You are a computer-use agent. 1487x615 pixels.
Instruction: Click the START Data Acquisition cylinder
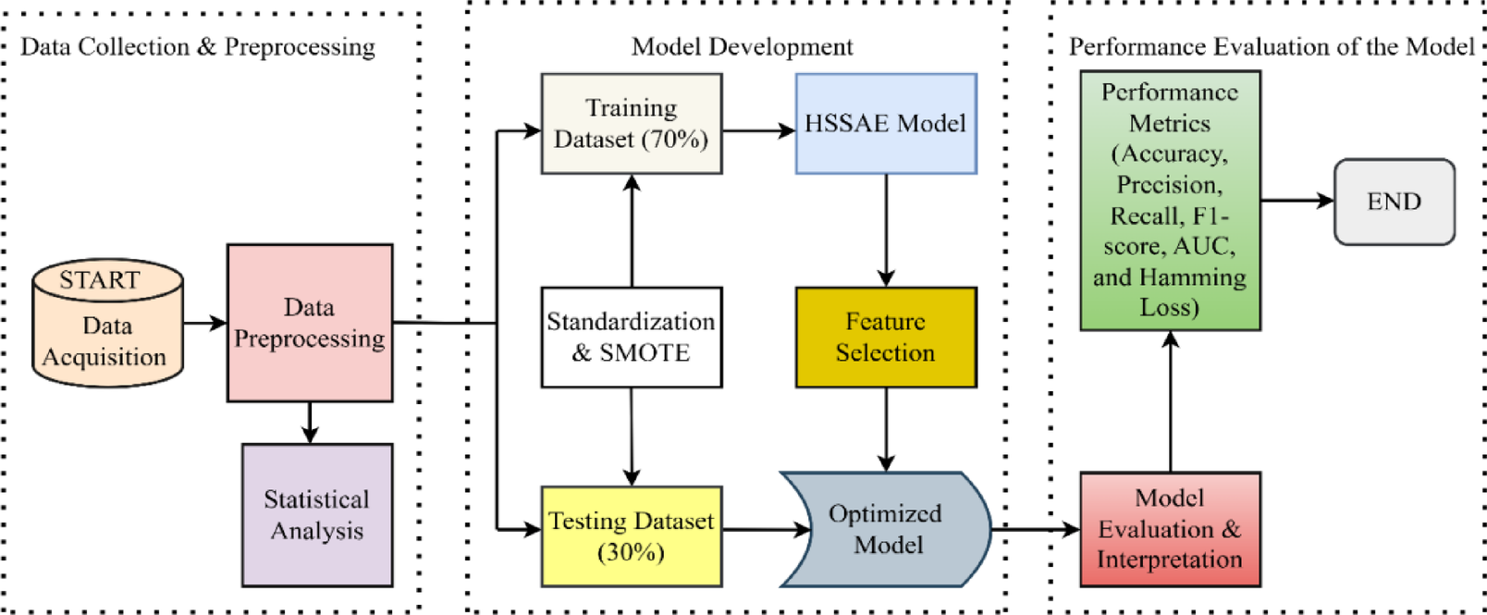(107, 323)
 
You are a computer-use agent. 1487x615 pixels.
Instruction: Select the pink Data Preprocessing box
(310, 323)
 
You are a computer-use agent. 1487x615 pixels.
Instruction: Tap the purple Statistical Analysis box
(317, 515)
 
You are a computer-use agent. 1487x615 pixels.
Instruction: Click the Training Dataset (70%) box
(632, 124)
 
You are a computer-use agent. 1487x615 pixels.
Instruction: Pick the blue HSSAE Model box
(886, 124)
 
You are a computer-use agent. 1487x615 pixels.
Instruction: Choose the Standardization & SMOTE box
(632, 337)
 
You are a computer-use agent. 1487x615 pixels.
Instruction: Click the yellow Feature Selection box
(886, 337)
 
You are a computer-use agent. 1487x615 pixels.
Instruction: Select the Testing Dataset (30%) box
(632, 536)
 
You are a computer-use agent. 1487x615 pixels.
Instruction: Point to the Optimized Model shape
(886, 529)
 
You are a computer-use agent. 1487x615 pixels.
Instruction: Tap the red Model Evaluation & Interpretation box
(1170, 529)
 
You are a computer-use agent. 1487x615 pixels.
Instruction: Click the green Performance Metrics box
(1170, 200)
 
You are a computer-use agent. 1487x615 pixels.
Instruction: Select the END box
(1395, 202)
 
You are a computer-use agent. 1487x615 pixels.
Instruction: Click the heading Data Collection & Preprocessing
(198, 47)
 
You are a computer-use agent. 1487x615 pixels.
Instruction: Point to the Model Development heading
(742, 47)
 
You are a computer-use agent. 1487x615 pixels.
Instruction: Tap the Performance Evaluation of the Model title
(1272, 47)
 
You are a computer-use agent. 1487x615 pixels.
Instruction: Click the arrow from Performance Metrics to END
(1297, 200)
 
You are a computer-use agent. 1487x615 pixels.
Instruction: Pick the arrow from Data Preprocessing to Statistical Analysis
(310, 422)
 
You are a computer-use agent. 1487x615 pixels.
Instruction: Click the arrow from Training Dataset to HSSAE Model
(758, 131)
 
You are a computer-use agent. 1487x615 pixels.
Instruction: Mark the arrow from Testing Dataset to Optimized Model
(766, 530)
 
